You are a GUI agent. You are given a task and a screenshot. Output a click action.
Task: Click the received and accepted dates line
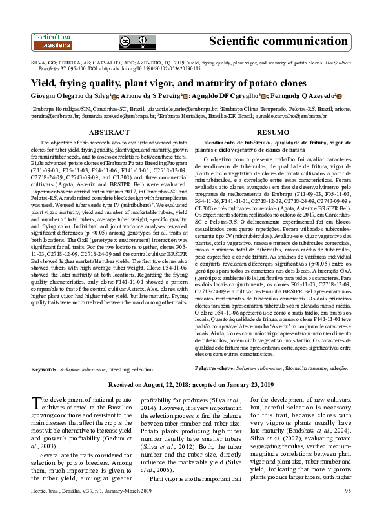188,384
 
